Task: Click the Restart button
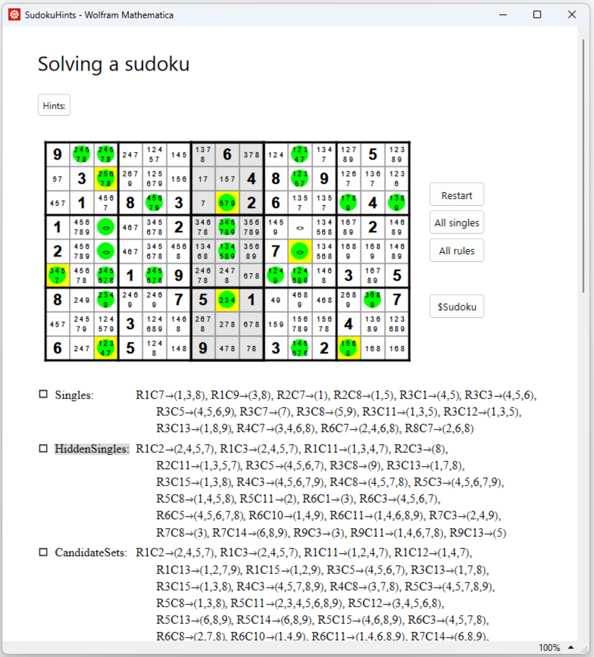click(457, 195)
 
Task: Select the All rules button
click(457, 251)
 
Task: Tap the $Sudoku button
click(457, 307)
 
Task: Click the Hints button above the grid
click(54, 105)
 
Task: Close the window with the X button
click(572, 15)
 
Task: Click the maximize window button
click(537, 15)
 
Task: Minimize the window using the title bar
click(503, 15)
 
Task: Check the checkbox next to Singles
click(43, 395)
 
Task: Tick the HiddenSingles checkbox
click(43, 449)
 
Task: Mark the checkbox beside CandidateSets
click(43, 553)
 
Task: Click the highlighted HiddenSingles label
click(91, 449)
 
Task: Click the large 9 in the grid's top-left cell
click(58, 154)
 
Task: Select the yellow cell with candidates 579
click(227, 203)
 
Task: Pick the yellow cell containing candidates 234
click(227, 300)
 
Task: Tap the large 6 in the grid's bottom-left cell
click(58, 348)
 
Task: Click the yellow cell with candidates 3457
click(58, 276)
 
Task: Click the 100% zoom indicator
click(549, 647)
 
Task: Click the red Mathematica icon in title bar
click(14, 15)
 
